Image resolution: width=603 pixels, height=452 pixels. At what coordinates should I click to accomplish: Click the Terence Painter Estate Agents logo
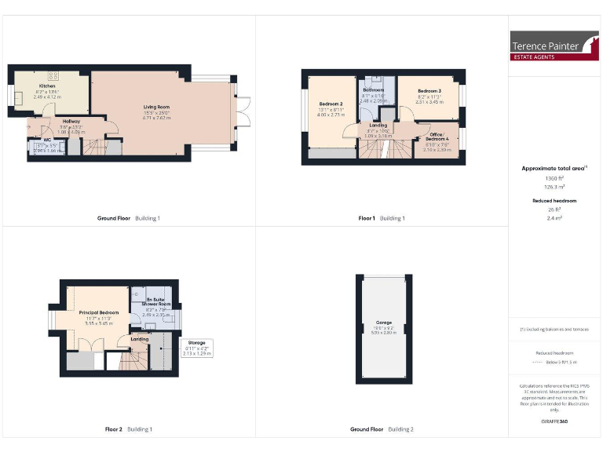click(x=554, y=46)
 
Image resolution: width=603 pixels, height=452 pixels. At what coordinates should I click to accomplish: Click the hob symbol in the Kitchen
click(x=53, y=76)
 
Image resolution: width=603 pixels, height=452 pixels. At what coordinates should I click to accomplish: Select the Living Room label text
click(x=155, y=107)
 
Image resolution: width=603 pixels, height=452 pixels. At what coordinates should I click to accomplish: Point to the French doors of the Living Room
click(x=243, y=111)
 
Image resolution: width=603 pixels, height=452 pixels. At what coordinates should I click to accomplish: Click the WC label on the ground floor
click(x=36, y=140)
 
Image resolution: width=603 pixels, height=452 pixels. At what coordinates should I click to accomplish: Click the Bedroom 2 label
click(x=331, y=104)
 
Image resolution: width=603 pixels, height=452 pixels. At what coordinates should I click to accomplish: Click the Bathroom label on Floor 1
click(x=374, y=90)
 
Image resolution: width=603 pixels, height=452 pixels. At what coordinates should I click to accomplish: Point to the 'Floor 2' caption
click(x=114, y=429)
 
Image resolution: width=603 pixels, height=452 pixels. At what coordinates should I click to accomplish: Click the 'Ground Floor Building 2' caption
click(x=382, y=429)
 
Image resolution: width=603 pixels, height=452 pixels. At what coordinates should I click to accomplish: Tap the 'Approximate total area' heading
click(x=553, y=168)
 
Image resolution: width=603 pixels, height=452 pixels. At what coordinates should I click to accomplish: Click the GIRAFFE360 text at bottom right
click(x=555, y=421)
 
